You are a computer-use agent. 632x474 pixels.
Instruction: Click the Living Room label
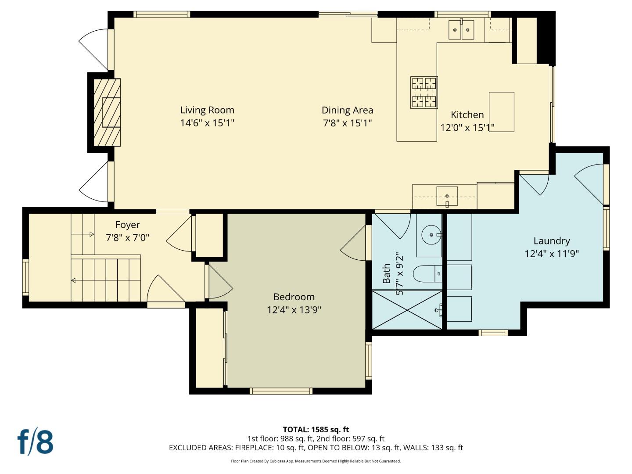[x=207, y=110]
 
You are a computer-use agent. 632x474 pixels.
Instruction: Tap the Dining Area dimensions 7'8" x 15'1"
[x=347, y=123]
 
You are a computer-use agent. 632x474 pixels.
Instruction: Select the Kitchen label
[x=467, y=115]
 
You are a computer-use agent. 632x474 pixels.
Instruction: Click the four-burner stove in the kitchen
[x=424, y=92]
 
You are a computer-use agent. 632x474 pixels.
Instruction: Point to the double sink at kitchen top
[x=461, y=30]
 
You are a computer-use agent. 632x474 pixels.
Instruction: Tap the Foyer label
[x=127, y=225]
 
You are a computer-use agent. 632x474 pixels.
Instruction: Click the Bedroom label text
[x=294, y=297]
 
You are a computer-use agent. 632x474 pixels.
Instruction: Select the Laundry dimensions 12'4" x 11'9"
[x=551, y=254]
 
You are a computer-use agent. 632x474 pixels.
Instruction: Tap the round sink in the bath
[x=431, y=235]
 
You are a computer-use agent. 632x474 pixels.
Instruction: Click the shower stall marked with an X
[x=407, y=310]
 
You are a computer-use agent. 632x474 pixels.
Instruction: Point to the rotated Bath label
[x=386, y=273]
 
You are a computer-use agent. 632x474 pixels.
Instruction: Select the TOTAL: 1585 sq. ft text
[x=316, y=429]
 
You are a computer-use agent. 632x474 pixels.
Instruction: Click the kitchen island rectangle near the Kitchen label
[x=501, y=112]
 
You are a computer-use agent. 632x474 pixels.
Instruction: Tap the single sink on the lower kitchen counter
[x=447, y=196]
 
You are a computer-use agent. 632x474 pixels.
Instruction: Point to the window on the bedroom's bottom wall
[x=281, y=391]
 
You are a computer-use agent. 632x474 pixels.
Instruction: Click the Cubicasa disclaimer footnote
[x=316, y=461]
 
